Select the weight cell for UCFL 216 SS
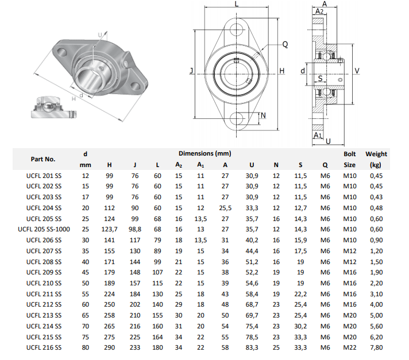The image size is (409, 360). [x=376, y=347]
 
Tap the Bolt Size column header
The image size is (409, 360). [x=350, y=159]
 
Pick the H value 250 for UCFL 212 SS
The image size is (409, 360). [x=109, y=304]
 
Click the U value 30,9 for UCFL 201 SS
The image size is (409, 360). [x=252, y=175]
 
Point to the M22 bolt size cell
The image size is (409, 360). [x=350, y=347]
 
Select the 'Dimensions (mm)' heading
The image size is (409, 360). [x=204, y=153]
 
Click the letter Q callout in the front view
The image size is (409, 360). [x=285, y=44]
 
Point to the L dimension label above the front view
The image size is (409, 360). [x=237, y=4]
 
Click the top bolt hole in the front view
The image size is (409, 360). [x=237, y=28]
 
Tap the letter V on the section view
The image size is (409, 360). [x=357, y=71]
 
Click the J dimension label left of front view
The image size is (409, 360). [x=191, y=71]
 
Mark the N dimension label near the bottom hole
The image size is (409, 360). [x=263, y=116]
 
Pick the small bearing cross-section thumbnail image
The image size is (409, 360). [x=51, y=107]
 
